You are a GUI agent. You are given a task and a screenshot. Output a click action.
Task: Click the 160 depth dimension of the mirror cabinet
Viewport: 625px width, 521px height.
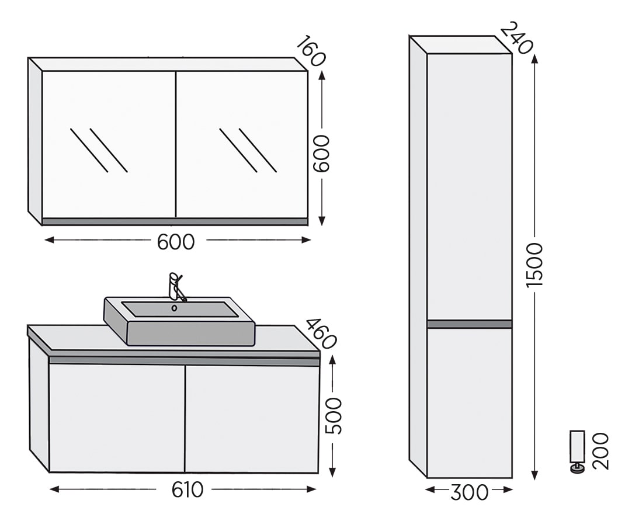click(311, 51)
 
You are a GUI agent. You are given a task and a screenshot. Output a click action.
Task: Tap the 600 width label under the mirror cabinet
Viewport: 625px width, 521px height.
click(176, 242)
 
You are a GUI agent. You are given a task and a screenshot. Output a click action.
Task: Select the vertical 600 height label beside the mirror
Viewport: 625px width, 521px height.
click(321, 154)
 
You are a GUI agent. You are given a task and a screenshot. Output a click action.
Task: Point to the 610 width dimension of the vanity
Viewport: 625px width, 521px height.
click(187, 490)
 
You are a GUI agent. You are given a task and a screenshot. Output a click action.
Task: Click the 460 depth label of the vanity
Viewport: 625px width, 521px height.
click(321, 334)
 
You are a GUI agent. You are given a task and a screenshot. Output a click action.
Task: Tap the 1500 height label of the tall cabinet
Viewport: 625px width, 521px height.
click(534, 265)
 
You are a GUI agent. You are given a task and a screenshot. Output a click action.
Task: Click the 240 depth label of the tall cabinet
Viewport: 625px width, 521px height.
click(516, 39)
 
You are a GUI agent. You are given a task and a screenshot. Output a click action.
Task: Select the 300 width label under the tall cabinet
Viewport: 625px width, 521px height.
click(470, 492)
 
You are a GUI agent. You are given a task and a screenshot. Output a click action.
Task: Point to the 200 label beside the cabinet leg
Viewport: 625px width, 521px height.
click(600, 451)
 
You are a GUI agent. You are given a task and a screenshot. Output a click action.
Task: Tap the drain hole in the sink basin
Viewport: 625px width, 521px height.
click(174, 308)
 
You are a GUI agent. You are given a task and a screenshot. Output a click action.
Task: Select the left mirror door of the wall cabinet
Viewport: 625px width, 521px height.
click(109, 144)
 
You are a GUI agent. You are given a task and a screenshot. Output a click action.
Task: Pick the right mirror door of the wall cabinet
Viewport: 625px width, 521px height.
click(242, 144)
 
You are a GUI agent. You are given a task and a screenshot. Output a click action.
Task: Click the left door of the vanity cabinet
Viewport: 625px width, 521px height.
click(117, 418)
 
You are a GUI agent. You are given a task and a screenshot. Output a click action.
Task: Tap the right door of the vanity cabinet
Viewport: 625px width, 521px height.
click(252, 419)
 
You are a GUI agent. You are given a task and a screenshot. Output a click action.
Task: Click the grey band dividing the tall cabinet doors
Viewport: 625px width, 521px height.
click(470, 324)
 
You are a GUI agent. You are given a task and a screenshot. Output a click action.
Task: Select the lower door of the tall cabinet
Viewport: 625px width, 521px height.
click(470, 402)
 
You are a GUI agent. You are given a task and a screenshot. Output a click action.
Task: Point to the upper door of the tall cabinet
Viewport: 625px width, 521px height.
click(470, 186)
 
